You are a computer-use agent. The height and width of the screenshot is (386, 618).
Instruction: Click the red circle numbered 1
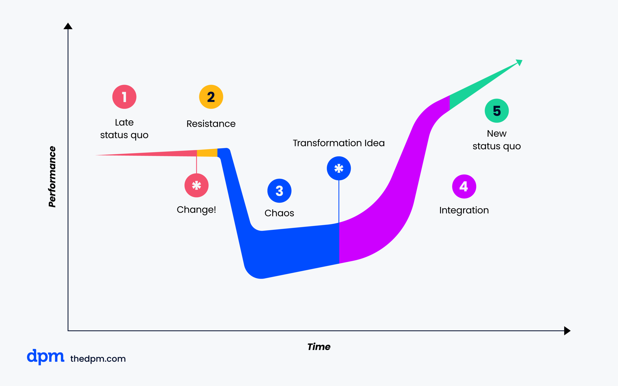coord(124,97)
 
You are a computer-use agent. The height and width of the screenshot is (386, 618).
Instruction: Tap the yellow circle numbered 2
coord(211,97)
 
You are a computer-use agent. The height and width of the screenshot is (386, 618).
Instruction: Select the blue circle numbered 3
coord(279,191)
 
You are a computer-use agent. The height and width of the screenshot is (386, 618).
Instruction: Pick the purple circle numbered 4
coord(464,186)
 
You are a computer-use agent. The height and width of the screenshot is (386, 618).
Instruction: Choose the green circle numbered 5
coord(497,110)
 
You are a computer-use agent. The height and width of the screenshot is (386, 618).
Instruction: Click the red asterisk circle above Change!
coord(196,185)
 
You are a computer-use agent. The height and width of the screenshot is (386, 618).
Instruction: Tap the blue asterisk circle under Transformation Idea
coord(339,168)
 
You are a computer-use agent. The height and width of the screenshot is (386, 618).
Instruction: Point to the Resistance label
coord(211,124)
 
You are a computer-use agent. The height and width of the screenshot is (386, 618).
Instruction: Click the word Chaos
coord(279,213)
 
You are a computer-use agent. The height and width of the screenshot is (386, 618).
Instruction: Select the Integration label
coord(464,210)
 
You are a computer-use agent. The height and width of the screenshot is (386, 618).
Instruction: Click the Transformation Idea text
coord(339,143)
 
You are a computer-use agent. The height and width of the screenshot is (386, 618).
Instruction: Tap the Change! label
coord(196,210)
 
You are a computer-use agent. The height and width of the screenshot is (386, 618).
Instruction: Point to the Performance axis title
coord(52,177)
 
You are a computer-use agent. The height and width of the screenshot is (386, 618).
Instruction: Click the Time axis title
coord(319,347)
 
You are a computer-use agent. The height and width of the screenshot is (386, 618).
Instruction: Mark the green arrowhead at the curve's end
coord(520,62)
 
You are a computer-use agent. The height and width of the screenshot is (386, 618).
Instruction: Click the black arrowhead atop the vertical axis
coord(68,26)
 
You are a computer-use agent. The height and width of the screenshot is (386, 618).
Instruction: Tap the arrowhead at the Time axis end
coord(567,331)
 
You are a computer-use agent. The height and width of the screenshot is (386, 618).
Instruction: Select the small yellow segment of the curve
coord(207,153)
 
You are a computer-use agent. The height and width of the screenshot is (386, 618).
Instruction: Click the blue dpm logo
coord(45,357)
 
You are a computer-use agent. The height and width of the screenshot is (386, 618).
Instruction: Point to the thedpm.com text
coord(98,359)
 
